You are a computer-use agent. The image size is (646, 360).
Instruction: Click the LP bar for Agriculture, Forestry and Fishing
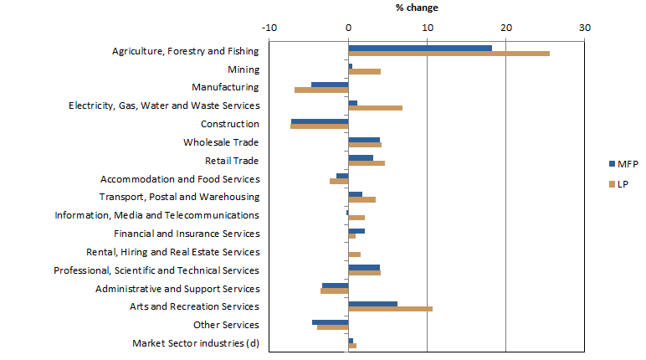click(x=449, y=54)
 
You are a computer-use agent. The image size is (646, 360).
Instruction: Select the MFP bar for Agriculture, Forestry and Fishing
click(x=420, y=48)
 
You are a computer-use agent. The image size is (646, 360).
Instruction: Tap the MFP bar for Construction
click(x=320, y=121)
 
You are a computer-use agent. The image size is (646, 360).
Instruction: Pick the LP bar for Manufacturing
click(x=321, y=90)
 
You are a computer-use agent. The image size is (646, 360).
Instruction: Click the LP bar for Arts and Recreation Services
click(x=390, y=309)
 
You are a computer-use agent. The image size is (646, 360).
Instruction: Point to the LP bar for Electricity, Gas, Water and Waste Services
click(x=375, y=108)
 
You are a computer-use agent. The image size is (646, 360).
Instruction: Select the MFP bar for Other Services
click(x=331, y=321)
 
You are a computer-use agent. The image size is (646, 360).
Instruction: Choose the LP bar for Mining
click(x=364, y=72)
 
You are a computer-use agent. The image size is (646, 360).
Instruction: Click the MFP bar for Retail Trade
click(x=361, y=157)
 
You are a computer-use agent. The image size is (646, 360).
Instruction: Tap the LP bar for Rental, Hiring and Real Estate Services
click(x=354, y=255)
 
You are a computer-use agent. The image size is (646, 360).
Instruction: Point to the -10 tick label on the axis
click(x=269, y=28)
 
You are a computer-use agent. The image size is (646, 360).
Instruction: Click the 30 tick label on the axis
click(x=584, y=28)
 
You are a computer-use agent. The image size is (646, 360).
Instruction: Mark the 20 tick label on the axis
click(x=505, y=28)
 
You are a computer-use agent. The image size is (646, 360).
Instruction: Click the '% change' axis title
click(x=417, y=8)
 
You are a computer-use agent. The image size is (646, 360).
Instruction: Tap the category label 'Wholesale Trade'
click(x=221, y=142)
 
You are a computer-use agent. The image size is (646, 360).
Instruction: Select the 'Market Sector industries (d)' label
click(x=196, y=343)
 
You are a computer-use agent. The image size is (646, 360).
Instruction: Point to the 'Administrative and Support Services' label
click(x=177, y=289)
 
